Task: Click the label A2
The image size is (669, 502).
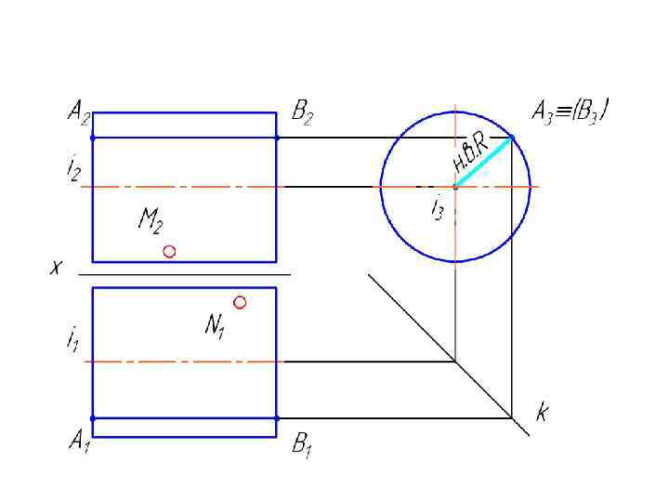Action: click(79, 115)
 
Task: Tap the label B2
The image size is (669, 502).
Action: click(302, 114)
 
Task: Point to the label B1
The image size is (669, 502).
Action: click(301, 445)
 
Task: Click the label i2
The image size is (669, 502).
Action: click(73, 169)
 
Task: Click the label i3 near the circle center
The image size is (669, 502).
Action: click(437, 209)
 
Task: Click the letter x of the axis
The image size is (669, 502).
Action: click(56, 268)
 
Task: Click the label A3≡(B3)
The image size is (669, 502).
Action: click(570, 113)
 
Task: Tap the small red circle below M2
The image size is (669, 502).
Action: click(169, 251)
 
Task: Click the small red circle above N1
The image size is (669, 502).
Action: click(240, 302)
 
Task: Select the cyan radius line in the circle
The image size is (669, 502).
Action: click(484, 162)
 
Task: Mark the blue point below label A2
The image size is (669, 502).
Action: click(93, 138)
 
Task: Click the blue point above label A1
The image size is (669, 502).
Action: click(93, 418)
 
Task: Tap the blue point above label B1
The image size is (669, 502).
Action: click(277, 418)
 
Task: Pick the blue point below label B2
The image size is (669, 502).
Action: click(277, 138)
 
